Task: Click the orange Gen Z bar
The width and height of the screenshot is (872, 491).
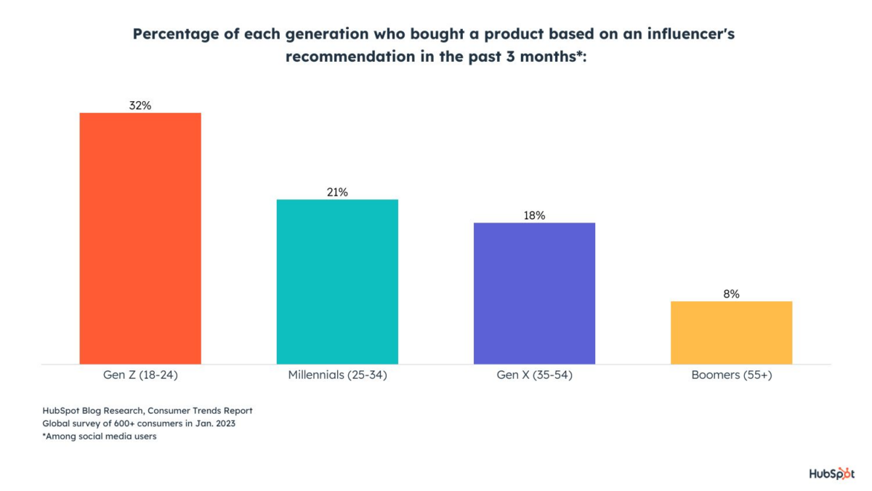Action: [140, 238]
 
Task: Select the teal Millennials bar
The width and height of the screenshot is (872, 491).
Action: [337, 282]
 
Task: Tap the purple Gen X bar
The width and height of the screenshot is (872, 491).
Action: [534, 293]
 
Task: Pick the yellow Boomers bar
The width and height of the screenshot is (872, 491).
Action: [731, 332]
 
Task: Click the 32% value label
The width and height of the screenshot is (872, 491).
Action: [140, 105]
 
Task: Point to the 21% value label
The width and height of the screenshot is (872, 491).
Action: [337, 192]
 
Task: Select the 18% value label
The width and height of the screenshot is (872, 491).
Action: [534, 215]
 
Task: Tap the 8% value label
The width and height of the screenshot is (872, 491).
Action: [731, 294]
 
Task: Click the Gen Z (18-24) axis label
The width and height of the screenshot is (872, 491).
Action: [140, 376]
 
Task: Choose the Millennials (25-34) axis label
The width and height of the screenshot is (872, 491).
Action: [337, 376]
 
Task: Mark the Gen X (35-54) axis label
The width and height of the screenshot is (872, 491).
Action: [534, 376]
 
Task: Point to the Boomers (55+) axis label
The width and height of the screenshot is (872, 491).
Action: [731, 376]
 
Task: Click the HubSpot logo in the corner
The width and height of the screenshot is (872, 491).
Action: [831, 474]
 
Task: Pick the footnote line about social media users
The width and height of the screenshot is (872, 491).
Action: [100, 436]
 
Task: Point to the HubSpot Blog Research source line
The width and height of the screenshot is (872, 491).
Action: [148, 411]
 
